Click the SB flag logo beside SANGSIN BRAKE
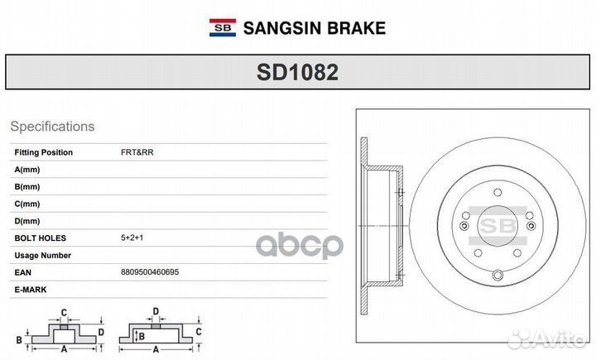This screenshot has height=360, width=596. point(223,28)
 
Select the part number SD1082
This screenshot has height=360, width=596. point(298,72)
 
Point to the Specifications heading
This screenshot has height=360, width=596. point(52,127)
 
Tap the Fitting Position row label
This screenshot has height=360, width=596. point(43,152)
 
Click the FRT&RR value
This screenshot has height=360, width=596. point(137,152)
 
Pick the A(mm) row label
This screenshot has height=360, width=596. point(27,170)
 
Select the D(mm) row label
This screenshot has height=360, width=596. point(27,221)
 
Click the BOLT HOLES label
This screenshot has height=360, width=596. point(41,238)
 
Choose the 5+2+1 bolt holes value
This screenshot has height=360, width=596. point(132,238)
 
